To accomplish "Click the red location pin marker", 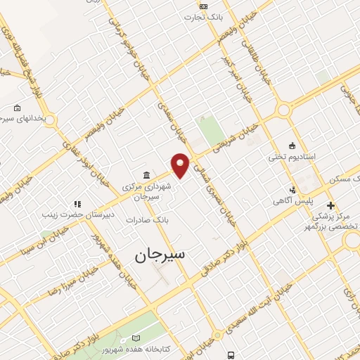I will click(181, 165).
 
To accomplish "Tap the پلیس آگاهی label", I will click(293, 201).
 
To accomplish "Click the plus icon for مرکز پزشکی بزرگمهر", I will click(330, 205).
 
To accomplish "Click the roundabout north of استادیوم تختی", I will click(284, 109).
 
